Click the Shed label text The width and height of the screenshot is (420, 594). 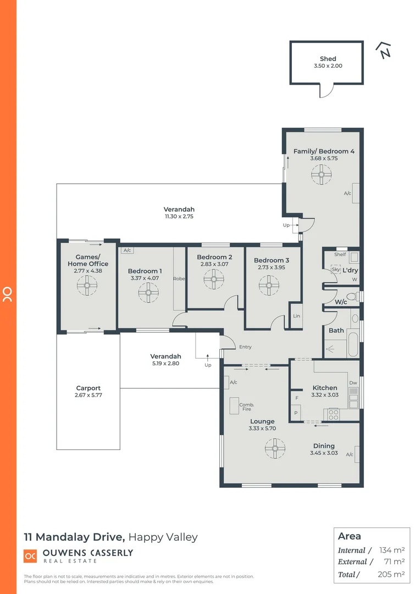tap(328, 59)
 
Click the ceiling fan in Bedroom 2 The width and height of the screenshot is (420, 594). tap(213, 279)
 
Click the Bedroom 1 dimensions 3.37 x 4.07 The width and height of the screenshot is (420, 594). tap(145, 278)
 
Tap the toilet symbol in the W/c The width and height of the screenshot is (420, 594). tap(352, 296)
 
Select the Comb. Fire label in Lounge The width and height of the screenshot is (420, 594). tap(246, 407)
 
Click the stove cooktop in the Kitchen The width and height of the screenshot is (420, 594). tap(334, 414)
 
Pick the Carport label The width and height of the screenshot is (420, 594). tap(89, 388)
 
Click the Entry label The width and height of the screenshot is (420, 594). tap(245, 347)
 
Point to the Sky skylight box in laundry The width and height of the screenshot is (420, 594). tap(335, 269)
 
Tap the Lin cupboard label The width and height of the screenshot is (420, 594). tap(296, 316)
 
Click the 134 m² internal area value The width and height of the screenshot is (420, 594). tap(392, 550)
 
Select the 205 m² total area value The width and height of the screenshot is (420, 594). tap(392, 574)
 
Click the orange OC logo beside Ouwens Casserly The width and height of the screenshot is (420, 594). tap(30, 555)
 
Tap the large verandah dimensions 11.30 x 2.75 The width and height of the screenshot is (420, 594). tap(179, 217)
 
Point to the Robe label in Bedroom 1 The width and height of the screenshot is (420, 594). tap(179, 279)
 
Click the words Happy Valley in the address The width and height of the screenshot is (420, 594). tap(163, 537)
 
